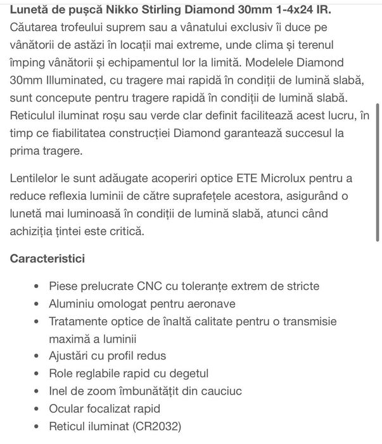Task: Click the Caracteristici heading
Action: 48,259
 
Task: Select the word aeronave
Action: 212,304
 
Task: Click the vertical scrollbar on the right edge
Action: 378,171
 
